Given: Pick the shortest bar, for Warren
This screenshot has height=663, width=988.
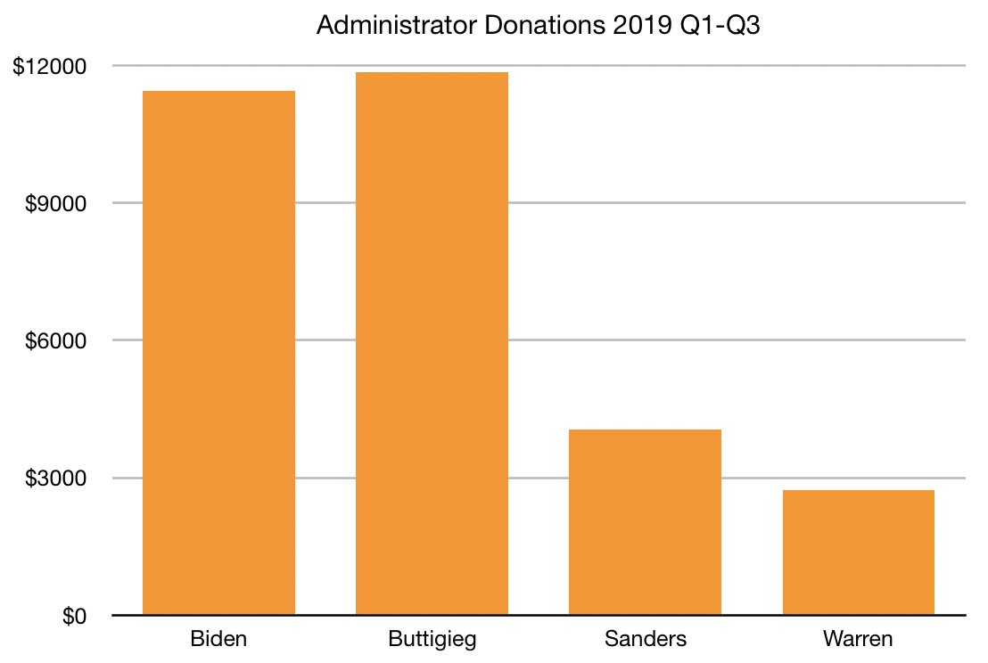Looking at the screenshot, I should (x=858, y=552).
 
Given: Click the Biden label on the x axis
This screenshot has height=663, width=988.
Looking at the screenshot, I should (x=218, y=640).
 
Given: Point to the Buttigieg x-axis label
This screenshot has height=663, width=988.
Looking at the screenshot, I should (x=432, y=640).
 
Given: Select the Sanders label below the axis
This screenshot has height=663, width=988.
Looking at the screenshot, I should (x=645, y=640).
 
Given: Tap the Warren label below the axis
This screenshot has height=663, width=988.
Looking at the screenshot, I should (x=858, y=640).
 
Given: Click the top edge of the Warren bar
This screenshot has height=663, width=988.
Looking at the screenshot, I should (x=858, y=491).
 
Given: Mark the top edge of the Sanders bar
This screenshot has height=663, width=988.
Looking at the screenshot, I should (x=645, y=430).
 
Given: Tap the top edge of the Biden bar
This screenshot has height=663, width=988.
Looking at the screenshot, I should (x=218, y=92).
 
